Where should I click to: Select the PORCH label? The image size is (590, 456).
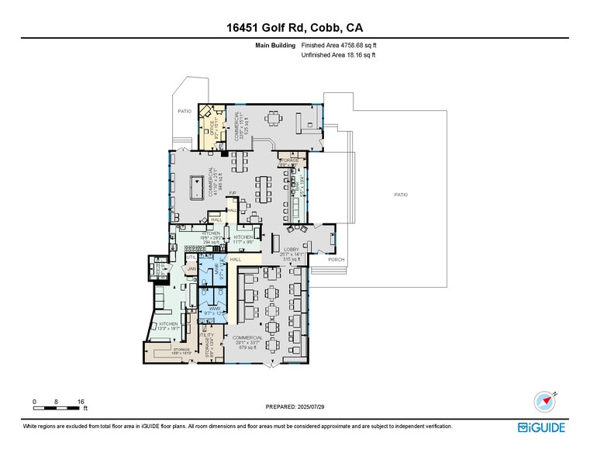336,259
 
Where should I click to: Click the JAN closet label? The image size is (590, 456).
191,268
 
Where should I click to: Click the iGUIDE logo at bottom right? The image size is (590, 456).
543,427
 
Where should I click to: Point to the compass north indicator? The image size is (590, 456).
545,401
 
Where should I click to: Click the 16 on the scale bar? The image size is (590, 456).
80,401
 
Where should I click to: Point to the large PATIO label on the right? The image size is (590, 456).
400,194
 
